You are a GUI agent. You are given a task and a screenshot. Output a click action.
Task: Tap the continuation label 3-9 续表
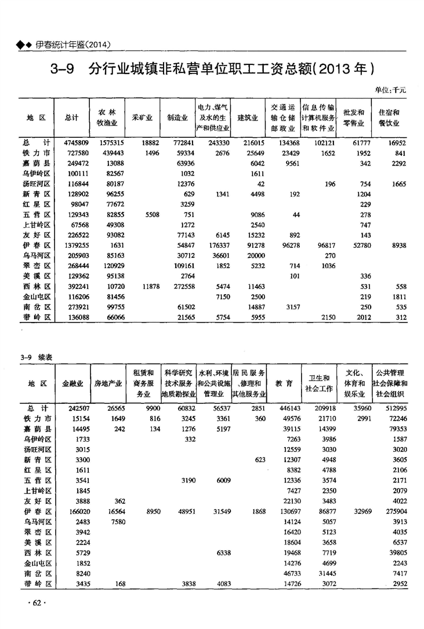[x=36, y=358]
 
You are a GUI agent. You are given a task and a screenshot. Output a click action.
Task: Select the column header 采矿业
[x=142, y=118]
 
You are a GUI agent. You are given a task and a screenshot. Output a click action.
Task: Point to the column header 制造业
[x=176, y=118]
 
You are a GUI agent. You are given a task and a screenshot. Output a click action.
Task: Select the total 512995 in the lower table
[x=396, y=408]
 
